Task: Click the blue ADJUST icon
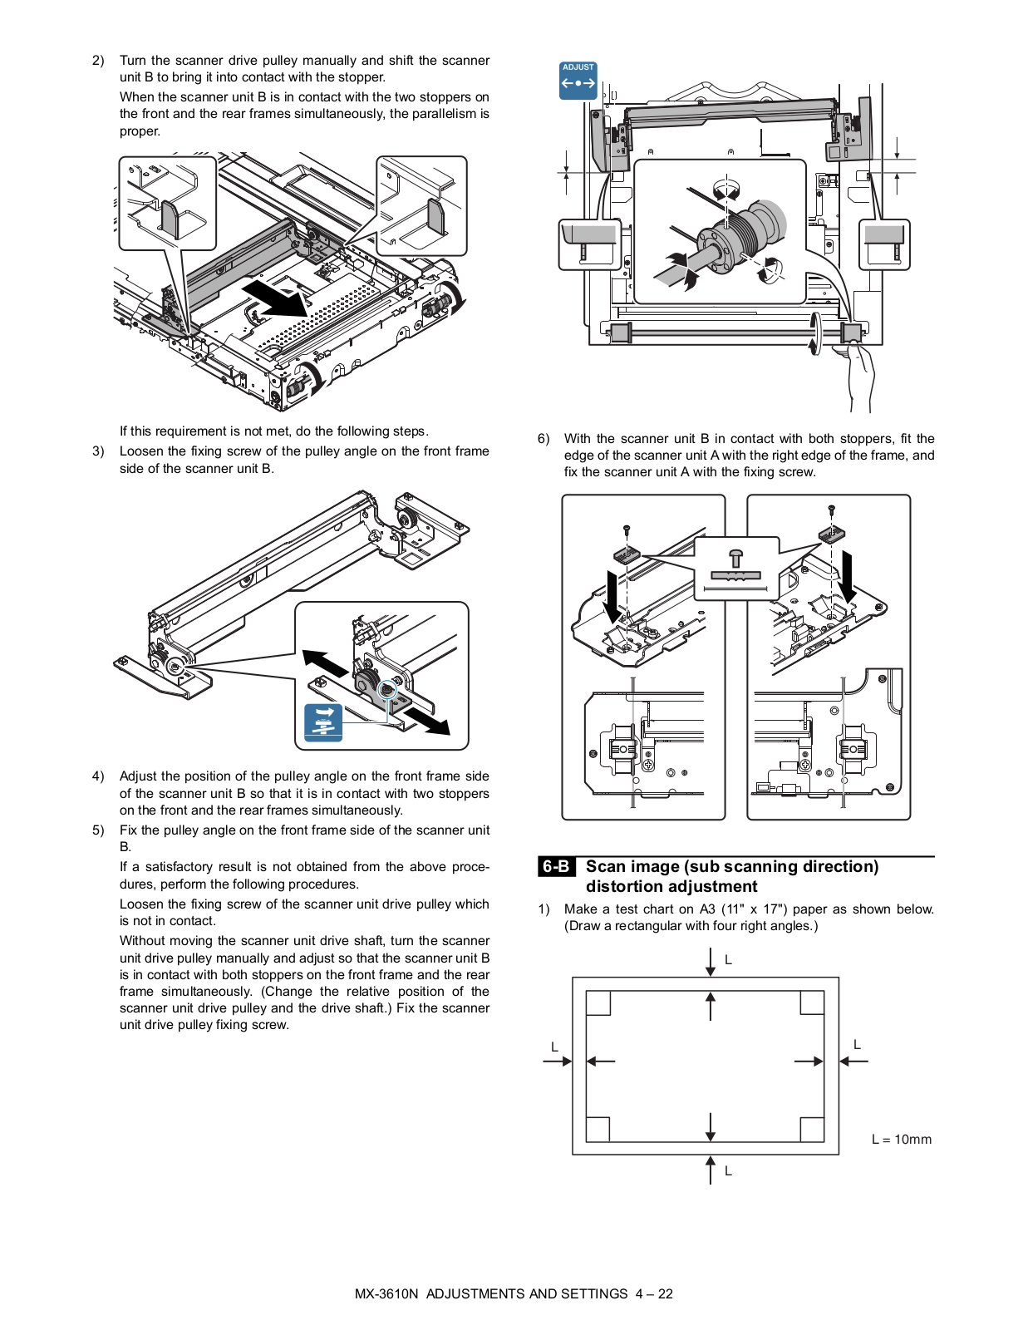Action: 578,80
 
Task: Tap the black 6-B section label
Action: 556,866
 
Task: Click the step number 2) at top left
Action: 98,61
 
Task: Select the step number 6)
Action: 544,439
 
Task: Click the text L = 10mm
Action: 901,1140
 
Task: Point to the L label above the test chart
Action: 728,960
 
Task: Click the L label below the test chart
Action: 728,1171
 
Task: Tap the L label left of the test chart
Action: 554,1047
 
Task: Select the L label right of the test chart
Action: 857,1045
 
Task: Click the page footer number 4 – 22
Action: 654,1294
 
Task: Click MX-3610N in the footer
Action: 386,1294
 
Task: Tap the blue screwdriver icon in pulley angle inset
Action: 323,722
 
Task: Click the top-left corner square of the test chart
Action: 598,1002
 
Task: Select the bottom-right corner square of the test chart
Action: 812,1129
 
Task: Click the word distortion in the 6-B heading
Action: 628,887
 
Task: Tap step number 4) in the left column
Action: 98,776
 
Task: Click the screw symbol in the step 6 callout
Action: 735,557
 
